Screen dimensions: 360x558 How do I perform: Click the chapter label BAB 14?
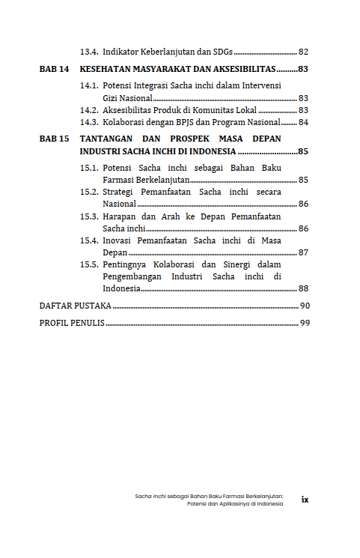[x=54, y=69]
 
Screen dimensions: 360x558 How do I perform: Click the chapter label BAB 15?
[x=54, y=139]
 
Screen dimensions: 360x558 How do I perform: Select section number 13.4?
[x=90, y=52]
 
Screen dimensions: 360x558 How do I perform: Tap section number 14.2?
[x=90, y=110]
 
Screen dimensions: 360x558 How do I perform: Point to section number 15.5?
[x=90, y=264]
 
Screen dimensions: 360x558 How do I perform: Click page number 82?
[x=303, y=52]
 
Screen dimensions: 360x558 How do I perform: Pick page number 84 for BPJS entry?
[x=303, y=122]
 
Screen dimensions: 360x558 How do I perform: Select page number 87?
[x=303, y=252]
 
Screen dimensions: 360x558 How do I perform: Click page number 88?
[x=303, y=288]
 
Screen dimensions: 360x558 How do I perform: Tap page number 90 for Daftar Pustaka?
[x=304, y=306]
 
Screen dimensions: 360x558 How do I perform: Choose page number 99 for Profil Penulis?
[x=304, y=323]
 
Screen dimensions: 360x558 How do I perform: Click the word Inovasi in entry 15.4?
[x=120, y=240]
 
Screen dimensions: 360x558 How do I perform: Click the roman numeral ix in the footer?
[x=305, y=500]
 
